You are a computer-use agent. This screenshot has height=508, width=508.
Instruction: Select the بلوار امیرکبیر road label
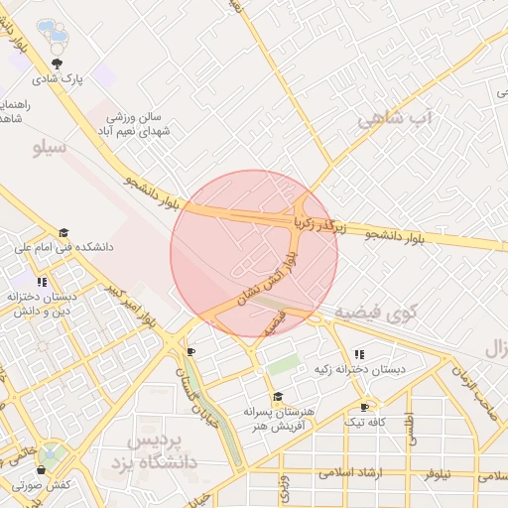tap(133, 306)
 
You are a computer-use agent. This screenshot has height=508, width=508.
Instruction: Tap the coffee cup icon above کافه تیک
tap(365, 407)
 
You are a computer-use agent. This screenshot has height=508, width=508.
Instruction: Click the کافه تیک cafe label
tap(364, 423)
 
